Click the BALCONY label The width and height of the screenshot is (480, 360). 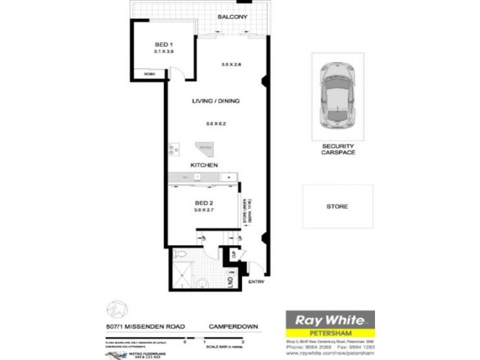pos(233,17)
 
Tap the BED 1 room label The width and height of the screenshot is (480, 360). pos(164,44)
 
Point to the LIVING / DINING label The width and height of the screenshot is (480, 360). pos(216,101)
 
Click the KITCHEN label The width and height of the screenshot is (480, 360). pos(204,164)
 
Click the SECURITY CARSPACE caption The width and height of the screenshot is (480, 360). pos(338,149)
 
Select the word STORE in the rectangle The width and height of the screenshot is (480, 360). pos(337,206)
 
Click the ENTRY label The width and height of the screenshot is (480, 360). pos(256,281)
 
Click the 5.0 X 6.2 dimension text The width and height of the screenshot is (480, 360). pos(216,124)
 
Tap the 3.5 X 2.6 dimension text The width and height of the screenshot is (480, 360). pos(231,64)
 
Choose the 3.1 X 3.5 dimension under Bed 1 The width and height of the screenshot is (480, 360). pos(164,52)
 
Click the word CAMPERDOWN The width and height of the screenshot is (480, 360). pos(233,326)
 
